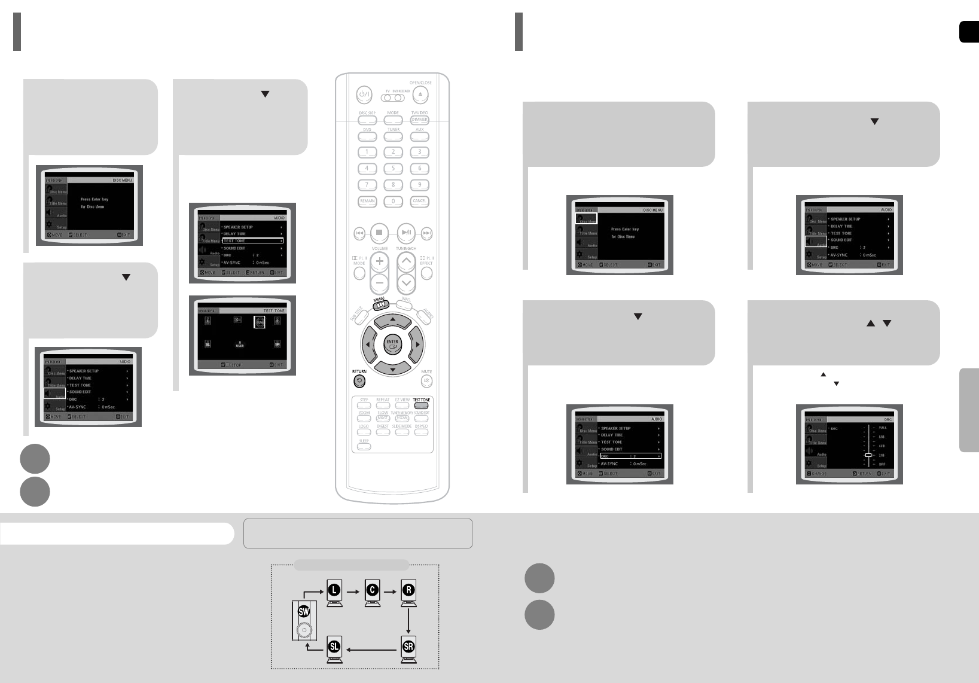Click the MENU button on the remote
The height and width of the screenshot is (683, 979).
(379, 304)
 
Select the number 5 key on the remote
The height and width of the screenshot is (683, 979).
(393, 169)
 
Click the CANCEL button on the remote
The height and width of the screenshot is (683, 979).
(419, 202)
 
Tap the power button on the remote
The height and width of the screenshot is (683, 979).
(364, 95)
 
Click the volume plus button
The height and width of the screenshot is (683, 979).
(379, 261)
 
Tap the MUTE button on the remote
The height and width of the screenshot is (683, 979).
(426, 381)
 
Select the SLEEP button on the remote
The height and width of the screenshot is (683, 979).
(364, 446)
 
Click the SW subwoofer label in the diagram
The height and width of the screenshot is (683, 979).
(304, 611)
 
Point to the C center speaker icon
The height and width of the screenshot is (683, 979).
(372, 590)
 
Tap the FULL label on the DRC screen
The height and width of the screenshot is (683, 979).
(882, 428)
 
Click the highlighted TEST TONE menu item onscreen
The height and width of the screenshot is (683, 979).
(252, 241)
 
